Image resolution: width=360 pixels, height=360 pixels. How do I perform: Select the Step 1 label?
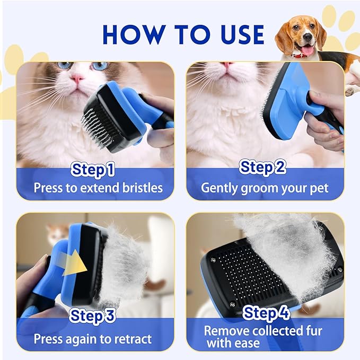(x=93, y=170)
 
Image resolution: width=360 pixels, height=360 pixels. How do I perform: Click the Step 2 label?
(x=263, y=168)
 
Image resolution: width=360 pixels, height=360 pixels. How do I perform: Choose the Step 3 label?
(x=93, y=317)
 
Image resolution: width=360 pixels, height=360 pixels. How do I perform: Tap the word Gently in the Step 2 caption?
(x=218, y=188)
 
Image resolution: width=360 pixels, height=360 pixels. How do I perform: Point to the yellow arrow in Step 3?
(x=75, y=264)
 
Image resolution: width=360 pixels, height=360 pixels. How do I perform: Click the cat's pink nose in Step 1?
(x=78, y=80)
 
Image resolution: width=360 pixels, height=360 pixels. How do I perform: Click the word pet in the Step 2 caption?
(x=318, y=188)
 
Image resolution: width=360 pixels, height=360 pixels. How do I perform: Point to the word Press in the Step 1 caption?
(x=48, y=188)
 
